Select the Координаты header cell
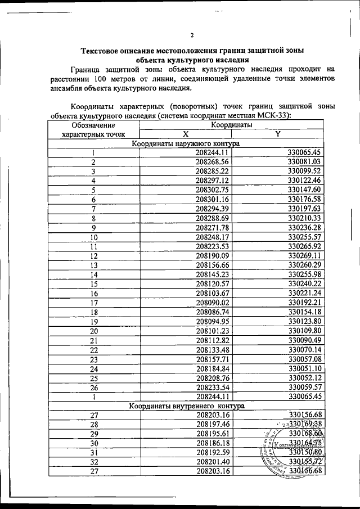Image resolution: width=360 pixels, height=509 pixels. tap(231, 125)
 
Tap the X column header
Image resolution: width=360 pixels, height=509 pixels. tap(185, 134)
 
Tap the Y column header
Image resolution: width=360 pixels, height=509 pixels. tap(278, 134)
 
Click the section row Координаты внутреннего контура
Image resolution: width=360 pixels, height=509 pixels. tap(186, 406)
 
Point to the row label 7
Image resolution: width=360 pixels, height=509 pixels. tap(94, 208)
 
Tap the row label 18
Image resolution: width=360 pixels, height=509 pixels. tap(94, 312)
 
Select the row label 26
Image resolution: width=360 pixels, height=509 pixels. tap(94, 386)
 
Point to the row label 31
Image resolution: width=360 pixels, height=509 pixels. tap(94, 452)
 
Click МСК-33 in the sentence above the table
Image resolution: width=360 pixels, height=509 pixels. tap(278, 116)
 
